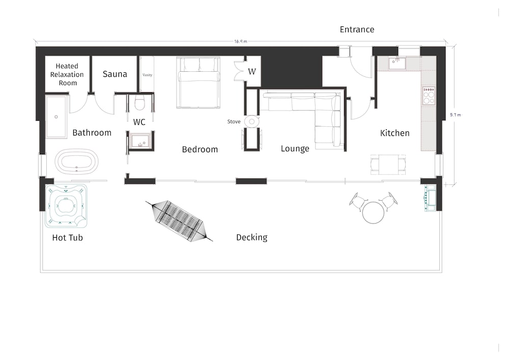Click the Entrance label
pyautogui.click(x=357, y=30)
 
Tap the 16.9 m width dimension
pyautogui.click(x=241, y=41)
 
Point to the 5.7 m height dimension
pyautogui.click(x=456, y=115)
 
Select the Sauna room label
pyautogui.click(x=115, y=74)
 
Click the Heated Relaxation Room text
pyautogui.click(x=67, y=74)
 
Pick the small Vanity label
pyautogui.click(x=147, y=75)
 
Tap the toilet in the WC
pyautogui.click(x=139, y=102)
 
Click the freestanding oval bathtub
pyautogui.click(x=76, y=161)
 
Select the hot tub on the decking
pyautogui.click(x=66, y=206)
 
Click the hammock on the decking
pyautogui.click(x=179, y=220)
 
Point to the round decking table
pyautogui.click(x=373, y=213)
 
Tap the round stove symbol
pyautogui.click(x=252, y=122)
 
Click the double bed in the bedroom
pyautogui.click(x=199, y=82)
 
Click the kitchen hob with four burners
pyautogui.click(x=429, y=96)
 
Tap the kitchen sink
pyautogui.click(x=397, y=64)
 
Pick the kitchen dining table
pyautogui.click(x=388, y=164)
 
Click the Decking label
pyautogui.click(x=251, y=238)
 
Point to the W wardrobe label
pyautogui.click(x=252, y=71)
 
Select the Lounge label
pyautogui.click(x=295, y=149)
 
